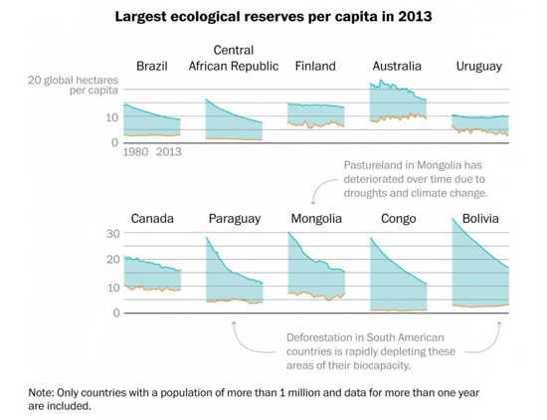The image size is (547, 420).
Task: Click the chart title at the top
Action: [x=273, y=17]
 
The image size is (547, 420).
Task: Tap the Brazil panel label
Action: [x=152, y=66]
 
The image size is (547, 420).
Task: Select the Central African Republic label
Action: [x=234, y=58]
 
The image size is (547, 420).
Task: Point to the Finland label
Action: [x=315, y=66]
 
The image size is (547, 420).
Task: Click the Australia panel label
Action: [x=397, y=66]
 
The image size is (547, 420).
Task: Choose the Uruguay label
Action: [x=479, y=67]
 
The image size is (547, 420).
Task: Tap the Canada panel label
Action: [x=152, y=219]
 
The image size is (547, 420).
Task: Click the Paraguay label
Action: [x=235, y=219]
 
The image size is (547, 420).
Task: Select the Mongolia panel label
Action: [x=316, y=219]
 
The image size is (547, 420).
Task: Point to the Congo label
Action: [x=399, y=219]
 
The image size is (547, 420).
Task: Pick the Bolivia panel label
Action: [x=480, y=219]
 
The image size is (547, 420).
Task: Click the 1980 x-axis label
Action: [x=135, y=152]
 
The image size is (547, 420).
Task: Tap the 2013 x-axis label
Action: [x=169, y=152]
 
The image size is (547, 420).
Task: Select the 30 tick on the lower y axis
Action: [x=113, y=234]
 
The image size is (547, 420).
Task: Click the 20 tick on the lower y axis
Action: [x=113, y=260]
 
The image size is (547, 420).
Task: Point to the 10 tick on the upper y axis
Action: [x=112, y=117]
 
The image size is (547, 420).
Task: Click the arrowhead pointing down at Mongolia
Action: [x=313, y=202]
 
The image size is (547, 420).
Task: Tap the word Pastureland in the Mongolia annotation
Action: [x=373, y=165]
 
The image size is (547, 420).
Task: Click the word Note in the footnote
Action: [x=41, y=393]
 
